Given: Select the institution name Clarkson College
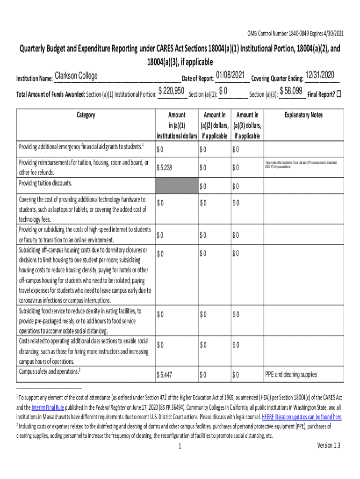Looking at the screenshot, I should click(x=76, y=76).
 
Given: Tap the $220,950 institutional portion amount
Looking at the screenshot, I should click(x=171, y=90).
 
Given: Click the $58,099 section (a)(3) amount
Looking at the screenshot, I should click(x=290, y=90).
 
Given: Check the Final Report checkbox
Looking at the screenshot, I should click(x=339, y=94).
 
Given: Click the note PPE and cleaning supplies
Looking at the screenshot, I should click(x=290, y=375).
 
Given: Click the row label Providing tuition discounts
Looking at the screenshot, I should click(x=45, y=183).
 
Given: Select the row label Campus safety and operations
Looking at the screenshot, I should click(x=49, y=371).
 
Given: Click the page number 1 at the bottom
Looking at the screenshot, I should click(x=180, y=446).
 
